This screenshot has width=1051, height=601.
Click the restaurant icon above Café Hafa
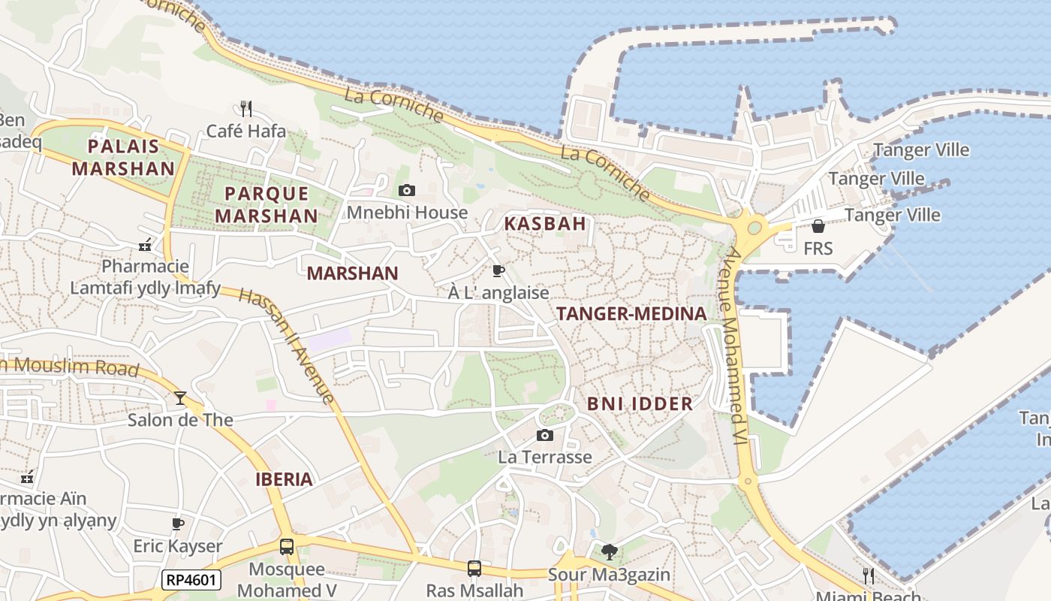(x=245, y=107)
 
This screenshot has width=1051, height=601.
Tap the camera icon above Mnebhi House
(x=406, y=190)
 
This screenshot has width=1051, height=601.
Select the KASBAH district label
(x=545, y=223)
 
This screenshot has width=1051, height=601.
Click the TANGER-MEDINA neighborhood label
(x=631, y=314)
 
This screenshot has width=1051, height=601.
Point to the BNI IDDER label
(x=640, y=403)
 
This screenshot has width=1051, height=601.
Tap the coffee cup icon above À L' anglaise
(x=498, y=270)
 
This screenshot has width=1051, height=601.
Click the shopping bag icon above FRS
(x=818, y=225)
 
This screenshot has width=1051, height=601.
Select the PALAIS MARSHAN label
(x=123, y=157)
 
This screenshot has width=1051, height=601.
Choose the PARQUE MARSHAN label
(x=267, y=204)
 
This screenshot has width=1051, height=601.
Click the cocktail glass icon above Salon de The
(x=180, y=397)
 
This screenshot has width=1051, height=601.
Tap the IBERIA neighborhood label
(x=284, y=479)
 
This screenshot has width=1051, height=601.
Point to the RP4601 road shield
(x=191, y=579)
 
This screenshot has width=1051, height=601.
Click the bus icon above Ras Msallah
(x=474, y=569)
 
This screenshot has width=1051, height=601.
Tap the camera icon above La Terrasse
(x=545, y=435)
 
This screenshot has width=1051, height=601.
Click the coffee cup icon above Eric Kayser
(x=178, y=524)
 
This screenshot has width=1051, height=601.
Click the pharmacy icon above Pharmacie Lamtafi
(x=145, y=244)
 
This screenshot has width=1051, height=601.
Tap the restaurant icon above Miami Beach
(x=868, y=576)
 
